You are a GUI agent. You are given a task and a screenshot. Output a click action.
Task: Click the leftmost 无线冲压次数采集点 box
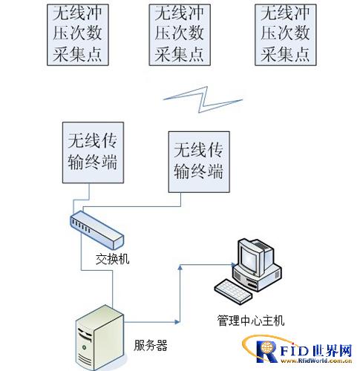[78, 35]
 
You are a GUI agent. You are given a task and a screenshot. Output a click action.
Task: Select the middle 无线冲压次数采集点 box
[180, 35]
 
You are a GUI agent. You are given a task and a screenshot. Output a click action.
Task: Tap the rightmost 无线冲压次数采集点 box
[286, 35]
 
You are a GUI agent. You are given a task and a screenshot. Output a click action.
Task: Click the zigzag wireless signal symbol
[203, 99]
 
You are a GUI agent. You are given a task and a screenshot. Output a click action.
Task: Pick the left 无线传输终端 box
[93, 153]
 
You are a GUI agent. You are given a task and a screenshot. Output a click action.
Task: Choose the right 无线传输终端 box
[199, 162]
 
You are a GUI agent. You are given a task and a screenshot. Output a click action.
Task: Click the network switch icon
[97, 230]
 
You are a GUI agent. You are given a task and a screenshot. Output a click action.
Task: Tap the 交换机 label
[113, 259]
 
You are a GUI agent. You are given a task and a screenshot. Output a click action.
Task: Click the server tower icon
[99, 338]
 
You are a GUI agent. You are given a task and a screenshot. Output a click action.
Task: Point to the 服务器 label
[151, 345]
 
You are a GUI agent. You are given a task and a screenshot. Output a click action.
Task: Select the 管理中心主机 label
[251, 321]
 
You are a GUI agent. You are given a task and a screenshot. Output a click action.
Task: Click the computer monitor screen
[249, 257]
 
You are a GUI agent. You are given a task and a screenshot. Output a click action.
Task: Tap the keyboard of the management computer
[233, 292]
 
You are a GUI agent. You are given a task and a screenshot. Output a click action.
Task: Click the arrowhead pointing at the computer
[234, 265]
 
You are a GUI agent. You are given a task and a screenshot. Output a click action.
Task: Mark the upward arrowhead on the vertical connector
[180, 267]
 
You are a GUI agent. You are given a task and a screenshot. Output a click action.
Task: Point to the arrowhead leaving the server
[177, 322]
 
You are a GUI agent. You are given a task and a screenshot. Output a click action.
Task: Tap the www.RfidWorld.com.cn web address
[316, 361]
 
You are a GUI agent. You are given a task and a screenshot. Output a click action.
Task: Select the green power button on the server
[85, 347]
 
